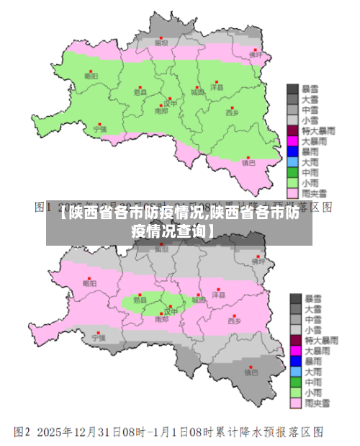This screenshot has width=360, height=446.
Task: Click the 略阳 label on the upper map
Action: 91,75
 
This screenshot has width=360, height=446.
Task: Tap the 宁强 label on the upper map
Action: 99,130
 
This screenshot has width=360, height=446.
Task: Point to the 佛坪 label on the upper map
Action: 256,54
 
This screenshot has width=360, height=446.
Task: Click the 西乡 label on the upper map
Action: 232,112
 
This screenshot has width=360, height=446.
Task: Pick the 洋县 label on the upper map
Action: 217,86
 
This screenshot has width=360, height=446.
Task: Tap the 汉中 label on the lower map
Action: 170,311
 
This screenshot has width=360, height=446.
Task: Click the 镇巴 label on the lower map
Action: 251,373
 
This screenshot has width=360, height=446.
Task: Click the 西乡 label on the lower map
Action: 235,321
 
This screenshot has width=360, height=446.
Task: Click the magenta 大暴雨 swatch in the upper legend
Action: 293,141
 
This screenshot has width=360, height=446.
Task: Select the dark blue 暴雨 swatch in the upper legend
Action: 293,152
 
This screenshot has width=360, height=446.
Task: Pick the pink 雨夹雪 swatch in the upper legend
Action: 293,193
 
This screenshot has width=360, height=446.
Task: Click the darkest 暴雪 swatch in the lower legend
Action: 295,298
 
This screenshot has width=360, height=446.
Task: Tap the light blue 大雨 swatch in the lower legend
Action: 295,371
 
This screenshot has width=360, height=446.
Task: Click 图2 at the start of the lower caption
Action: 22,433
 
